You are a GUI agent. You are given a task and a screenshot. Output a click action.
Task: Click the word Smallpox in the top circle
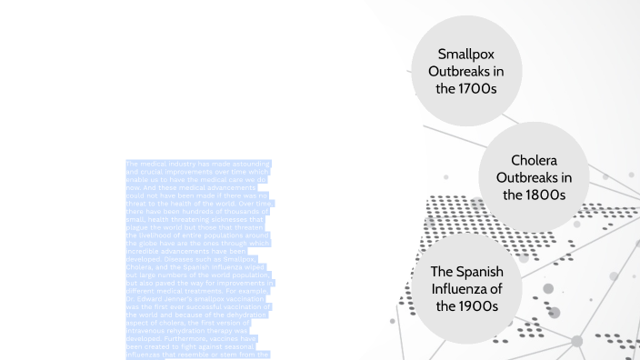[465, 54]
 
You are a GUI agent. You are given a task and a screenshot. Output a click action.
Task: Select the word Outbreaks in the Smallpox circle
[465, 71]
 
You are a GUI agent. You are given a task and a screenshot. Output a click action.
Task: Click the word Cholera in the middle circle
[533, 160]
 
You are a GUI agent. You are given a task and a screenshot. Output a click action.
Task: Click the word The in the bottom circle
[442, 271]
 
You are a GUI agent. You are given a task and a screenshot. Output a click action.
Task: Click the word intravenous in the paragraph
[146, 321]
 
